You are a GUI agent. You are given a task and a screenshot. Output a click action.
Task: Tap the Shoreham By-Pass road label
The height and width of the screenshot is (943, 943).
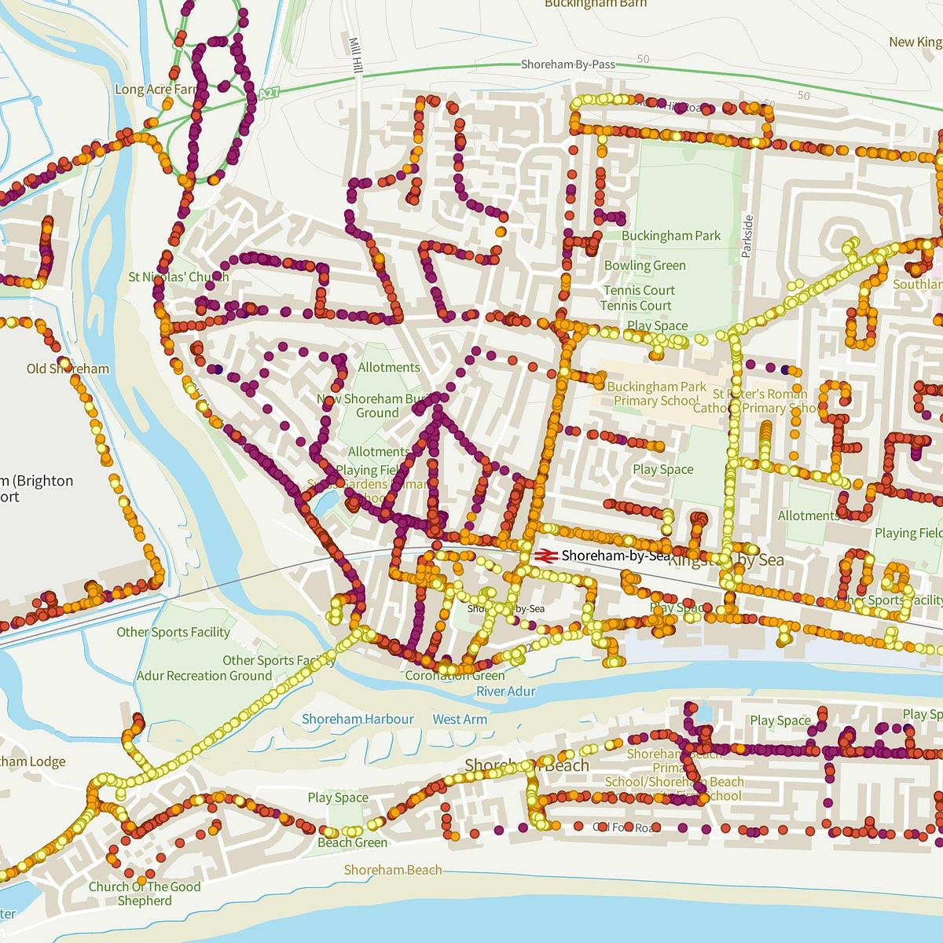pos(568,65)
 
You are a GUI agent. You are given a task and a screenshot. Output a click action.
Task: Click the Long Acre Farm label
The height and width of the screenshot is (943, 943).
pos(155,90)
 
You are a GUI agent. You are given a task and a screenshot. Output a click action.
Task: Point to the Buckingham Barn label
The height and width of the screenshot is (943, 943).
pos(596,4)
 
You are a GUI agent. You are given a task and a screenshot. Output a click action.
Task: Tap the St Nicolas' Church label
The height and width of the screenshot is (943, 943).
pos(178,277)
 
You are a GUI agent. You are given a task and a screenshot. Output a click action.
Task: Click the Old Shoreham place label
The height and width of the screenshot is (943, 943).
pos(68,369)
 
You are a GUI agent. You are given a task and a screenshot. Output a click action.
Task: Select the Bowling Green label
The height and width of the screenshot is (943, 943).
pos(644,266)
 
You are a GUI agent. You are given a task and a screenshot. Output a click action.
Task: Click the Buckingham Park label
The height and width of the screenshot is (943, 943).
pos(670,236)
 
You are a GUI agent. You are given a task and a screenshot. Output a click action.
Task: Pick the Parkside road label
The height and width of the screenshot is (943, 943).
pos(748,237)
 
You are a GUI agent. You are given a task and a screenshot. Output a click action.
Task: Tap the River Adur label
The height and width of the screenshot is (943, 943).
pos(505,692)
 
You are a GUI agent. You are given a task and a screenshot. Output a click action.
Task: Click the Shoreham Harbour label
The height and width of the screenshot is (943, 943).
pos(358,719)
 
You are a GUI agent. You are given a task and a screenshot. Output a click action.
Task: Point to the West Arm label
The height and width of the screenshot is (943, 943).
pos(460,719)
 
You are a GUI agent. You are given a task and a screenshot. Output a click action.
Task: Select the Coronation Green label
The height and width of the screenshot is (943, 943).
pos(455,676)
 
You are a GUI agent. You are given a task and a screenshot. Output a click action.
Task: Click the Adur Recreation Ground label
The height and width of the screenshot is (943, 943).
pos(204,676)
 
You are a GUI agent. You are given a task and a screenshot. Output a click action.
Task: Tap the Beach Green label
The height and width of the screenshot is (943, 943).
pos(352,842)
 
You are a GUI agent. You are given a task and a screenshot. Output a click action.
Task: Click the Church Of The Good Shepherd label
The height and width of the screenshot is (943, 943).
pos(145,893)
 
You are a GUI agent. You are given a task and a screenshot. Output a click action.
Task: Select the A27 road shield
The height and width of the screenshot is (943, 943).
pos(268,94)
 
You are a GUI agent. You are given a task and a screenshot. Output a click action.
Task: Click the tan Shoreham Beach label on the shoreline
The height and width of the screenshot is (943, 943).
pos(393,870)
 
